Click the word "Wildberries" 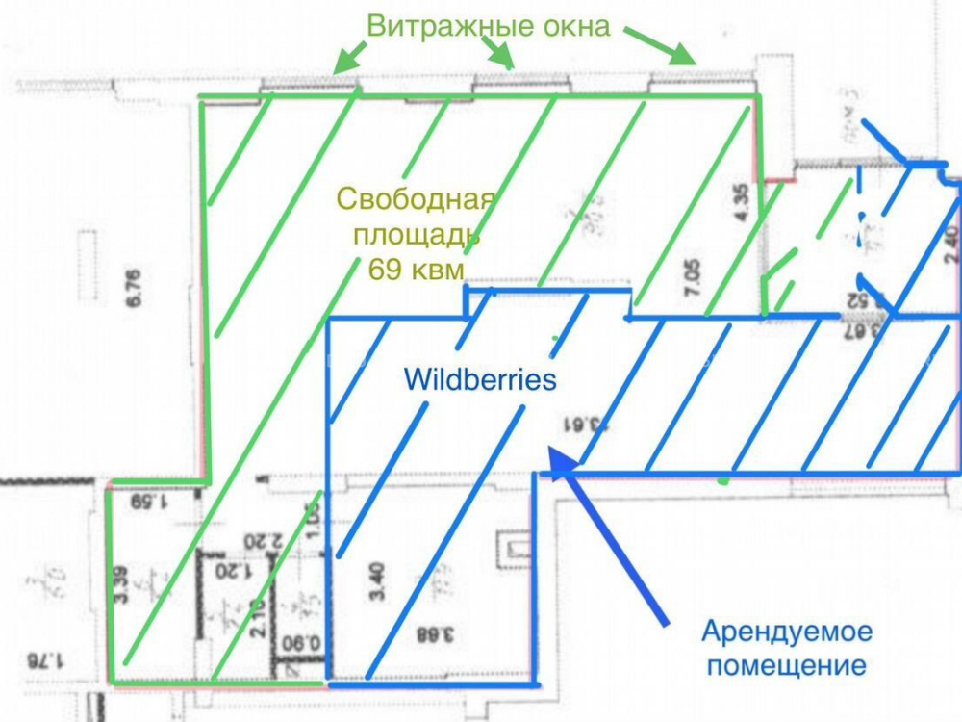pos(480,379)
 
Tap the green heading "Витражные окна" pos(488,26)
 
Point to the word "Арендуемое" pos(787,632)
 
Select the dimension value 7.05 pos(686,283)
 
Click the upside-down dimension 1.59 pos(149,501)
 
